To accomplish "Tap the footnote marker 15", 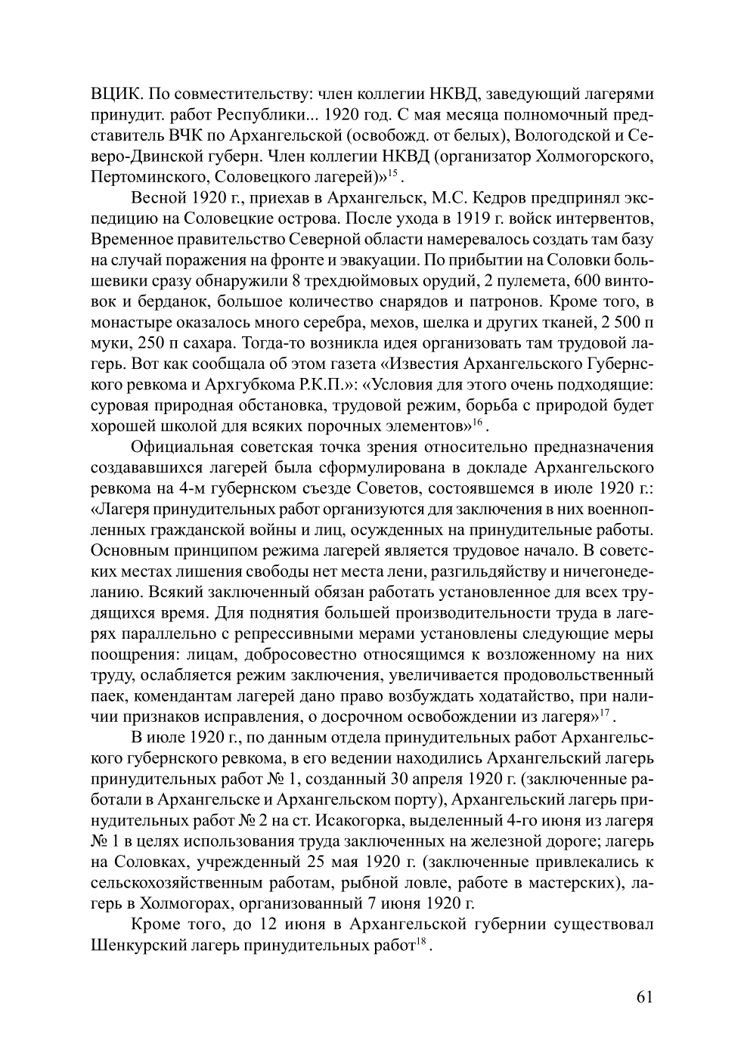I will (x=393, y=174).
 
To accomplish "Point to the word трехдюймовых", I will (x=350, y=282).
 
